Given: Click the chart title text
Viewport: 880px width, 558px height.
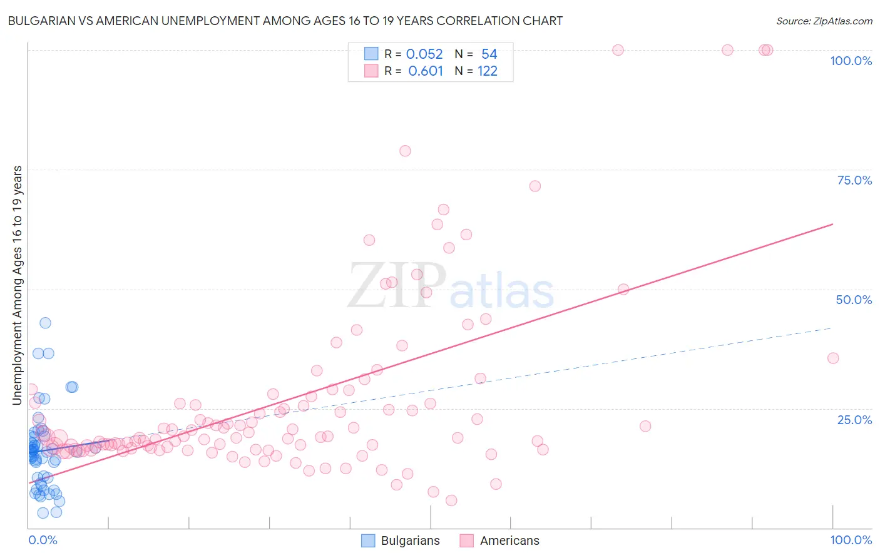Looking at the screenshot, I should (285, 21).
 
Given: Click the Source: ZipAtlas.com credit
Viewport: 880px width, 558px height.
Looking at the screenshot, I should (824, 21).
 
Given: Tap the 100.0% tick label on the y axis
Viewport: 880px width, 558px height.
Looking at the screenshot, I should (851, 61).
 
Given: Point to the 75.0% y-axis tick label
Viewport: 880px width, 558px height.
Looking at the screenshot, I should (854, 180).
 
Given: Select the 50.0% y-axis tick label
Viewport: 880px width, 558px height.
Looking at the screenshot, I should (854, 300).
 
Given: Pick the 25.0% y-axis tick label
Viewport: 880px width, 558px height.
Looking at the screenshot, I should (854, 419).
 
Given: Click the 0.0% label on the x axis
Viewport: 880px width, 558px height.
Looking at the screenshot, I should (43, 540).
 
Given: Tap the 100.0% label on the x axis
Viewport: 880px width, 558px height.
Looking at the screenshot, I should (851, 540).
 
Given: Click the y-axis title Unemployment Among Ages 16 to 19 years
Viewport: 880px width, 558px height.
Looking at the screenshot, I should (18, 285).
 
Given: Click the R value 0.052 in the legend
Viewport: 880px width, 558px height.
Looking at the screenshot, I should (424, 54).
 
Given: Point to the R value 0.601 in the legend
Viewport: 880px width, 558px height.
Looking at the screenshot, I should (426, 71).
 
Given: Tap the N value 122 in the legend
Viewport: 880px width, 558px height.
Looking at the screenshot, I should (488, 71).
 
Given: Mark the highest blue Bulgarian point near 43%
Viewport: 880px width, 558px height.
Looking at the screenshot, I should (45, 323).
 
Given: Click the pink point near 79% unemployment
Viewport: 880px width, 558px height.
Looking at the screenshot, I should (405, 151).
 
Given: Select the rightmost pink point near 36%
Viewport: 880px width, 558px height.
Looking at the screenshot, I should (832, 358).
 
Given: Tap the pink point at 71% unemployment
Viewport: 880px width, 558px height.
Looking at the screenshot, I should (535, 186).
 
